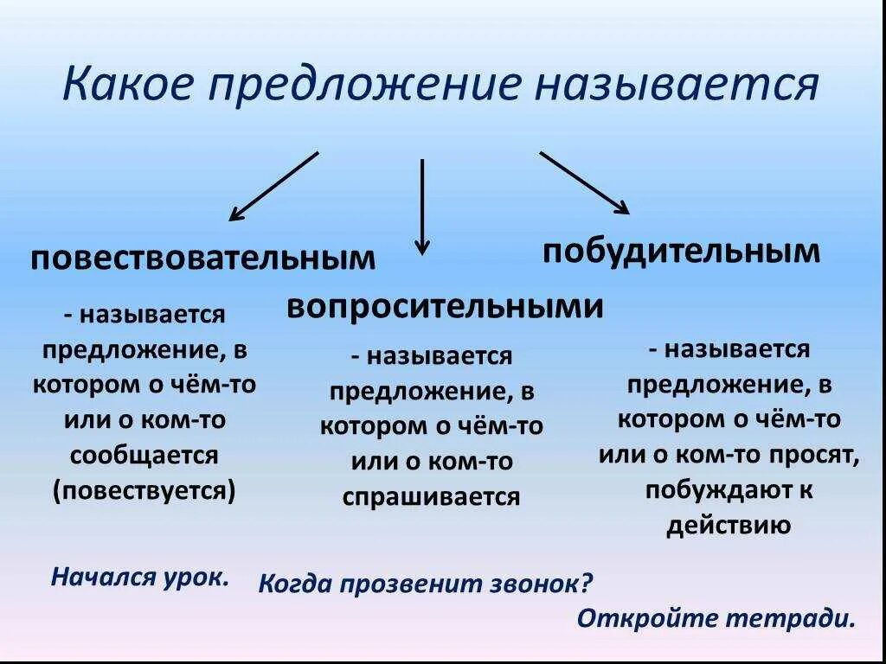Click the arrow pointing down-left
(x=273, y=186)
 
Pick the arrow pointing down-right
(x=585, y=182)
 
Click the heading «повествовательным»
(x=204, y=259)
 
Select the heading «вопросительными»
(x=444, y=306)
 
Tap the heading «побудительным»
(x=681, y=251)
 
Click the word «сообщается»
(x=144, y=455)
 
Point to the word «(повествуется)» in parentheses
(x=144, y=490)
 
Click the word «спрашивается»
(x=432, y=496)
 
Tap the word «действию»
(x=729, y=526)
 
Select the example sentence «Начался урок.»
(x=140, y=577)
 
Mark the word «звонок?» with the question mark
(x=539, y=584)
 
